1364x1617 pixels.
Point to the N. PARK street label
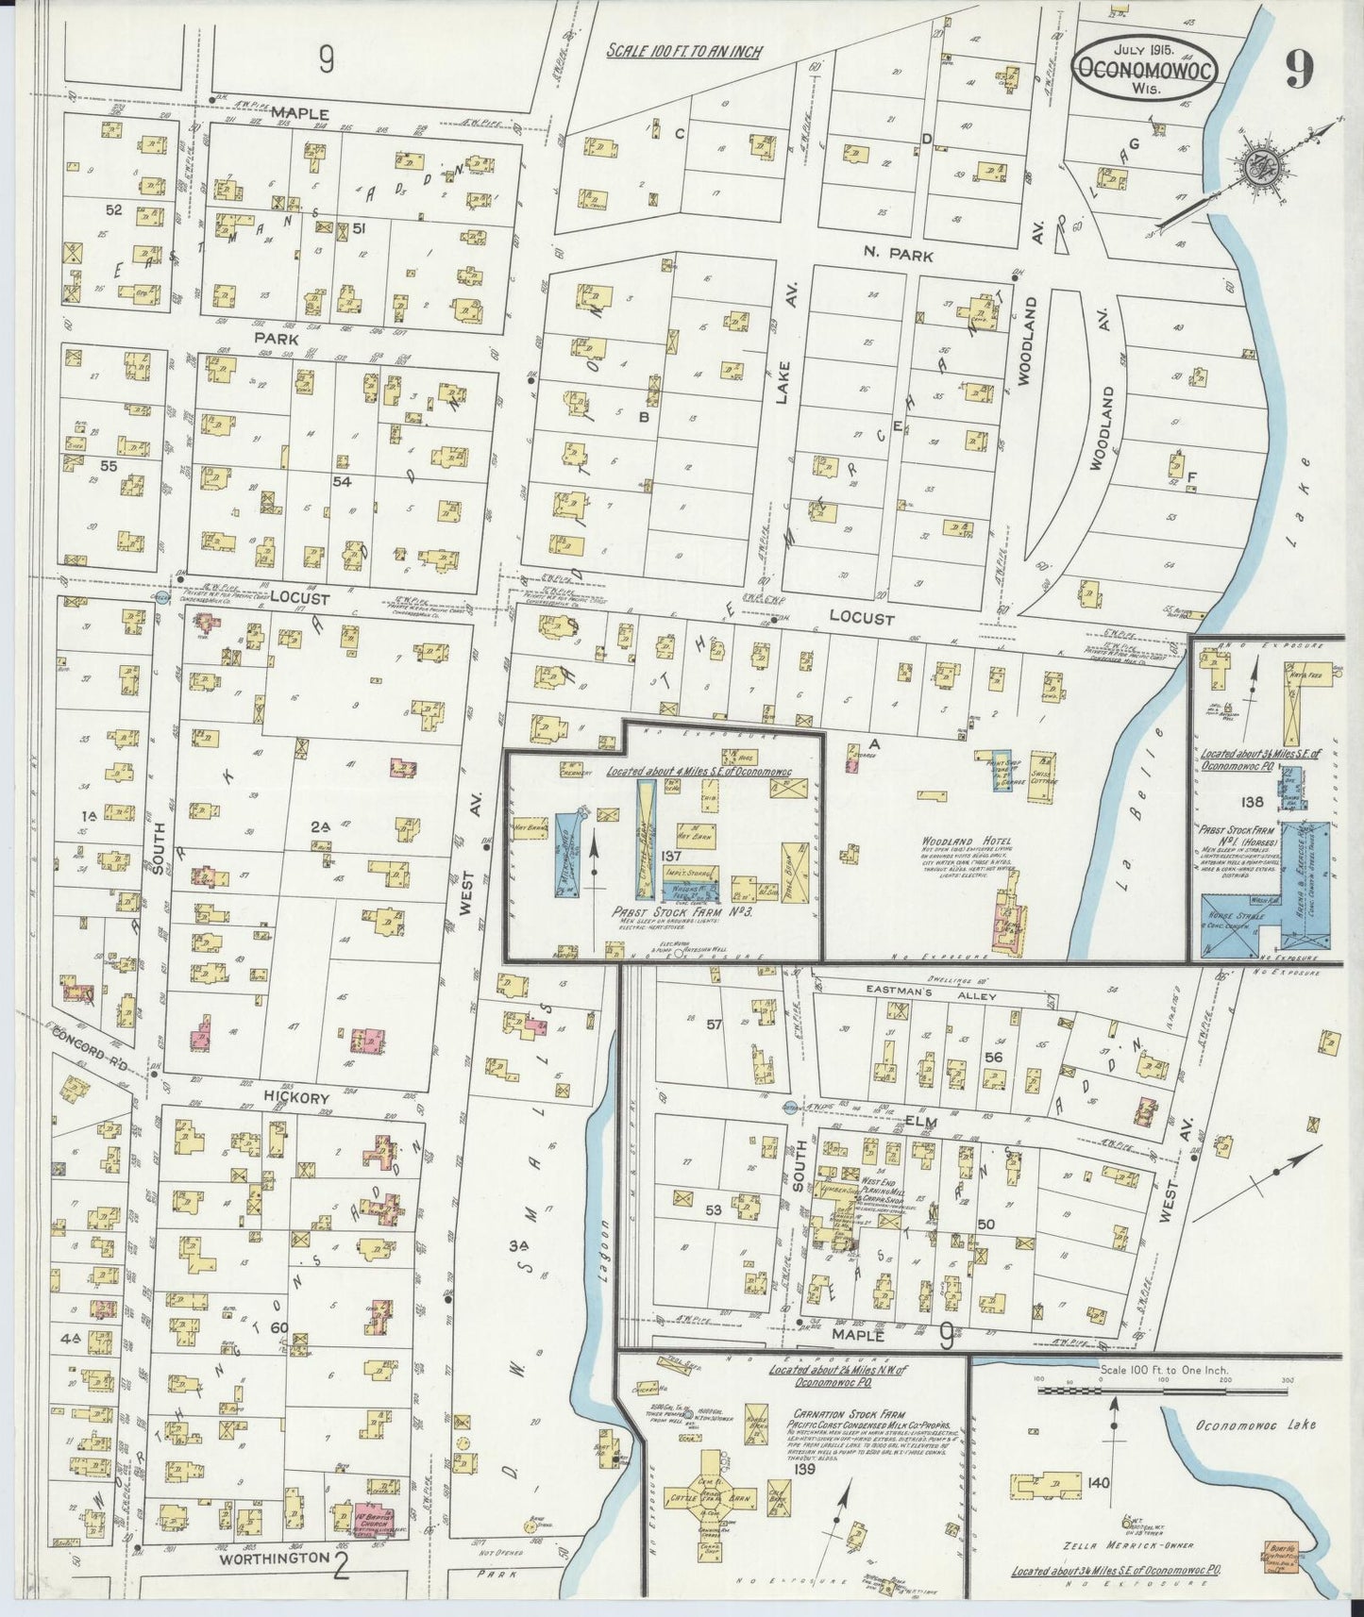(897, 255)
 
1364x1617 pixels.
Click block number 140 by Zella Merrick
(1097, 1483)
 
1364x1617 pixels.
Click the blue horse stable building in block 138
(1235, 921)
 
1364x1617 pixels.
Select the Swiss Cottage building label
(1043, 769)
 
